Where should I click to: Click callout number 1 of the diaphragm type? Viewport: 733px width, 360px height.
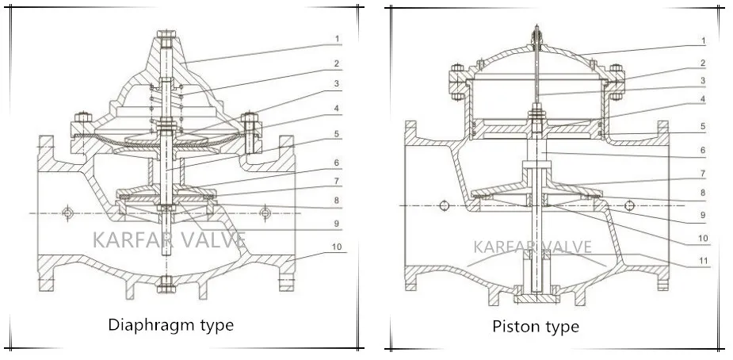pos(337,38)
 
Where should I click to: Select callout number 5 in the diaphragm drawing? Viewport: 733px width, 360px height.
pos(337,134)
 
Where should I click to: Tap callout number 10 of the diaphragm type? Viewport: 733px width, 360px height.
pos(337,247)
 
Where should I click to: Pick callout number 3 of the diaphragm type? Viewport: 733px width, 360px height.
pos(337,83)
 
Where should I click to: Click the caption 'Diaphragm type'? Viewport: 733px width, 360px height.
pos(170,324)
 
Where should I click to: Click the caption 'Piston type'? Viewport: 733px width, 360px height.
pos(536,326)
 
